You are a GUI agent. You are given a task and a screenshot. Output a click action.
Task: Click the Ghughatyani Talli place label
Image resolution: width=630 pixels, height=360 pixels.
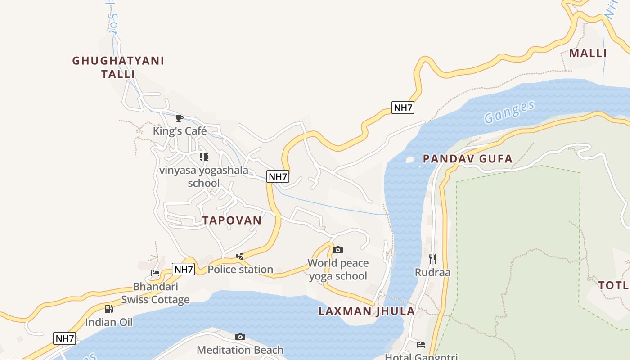coord(118,67)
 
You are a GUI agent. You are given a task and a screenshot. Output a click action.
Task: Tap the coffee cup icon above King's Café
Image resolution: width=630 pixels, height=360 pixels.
coord(180,118)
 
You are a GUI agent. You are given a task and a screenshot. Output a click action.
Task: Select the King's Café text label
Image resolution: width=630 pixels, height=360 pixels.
coord(180,131)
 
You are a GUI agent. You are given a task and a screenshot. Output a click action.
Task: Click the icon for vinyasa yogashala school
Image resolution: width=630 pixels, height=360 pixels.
coord(204,157)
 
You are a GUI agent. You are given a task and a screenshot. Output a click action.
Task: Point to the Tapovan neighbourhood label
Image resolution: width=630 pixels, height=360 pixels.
coord(232,220)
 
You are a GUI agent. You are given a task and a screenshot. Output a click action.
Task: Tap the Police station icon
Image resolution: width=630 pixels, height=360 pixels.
coord(240,256)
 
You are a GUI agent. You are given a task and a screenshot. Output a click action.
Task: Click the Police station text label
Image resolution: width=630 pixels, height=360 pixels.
coord(240,270)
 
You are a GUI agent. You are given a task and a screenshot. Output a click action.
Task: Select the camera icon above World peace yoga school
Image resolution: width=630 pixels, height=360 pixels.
coord(338,250)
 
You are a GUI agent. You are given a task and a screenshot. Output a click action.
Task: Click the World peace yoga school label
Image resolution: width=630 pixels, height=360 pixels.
coord(338,269)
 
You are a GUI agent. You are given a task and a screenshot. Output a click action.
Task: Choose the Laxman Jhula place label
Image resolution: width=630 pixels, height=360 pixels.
coord(367,311)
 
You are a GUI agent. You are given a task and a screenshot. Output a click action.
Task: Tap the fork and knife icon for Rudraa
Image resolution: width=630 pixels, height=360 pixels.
coord(432,259)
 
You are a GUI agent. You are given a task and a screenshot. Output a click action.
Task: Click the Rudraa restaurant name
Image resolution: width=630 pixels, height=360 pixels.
coord(432,272)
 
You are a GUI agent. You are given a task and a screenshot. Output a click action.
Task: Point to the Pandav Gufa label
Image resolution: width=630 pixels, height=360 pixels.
coord(468,158)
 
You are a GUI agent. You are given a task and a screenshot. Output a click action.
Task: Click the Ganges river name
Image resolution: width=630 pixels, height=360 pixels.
coord(509,112)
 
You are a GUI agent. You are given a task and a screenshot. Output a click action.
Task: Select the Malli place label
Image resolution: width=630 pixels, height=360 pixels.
coord(588,53)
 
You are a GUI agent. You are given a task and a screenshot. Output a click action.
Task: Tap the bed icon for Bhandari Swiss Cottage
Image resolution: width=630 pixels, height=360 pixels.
coord(155,273)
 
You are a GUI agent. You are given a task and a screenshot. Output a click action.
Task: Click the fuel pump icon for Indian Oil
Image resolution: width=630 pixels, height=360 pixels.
coord(108,309)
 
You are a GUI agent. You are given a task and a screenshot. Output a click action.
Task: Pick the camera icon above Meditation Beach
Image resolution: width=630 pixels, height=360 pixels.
coord(240,337)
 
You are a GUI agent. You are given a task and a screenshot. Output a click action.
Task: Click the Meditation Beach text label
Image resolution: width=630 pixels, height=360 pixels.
coord(240,350)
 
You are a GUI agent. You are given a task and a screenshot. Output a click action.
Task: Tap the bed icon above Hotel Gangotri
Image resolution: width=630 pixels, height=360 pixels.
coord(421,345)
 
